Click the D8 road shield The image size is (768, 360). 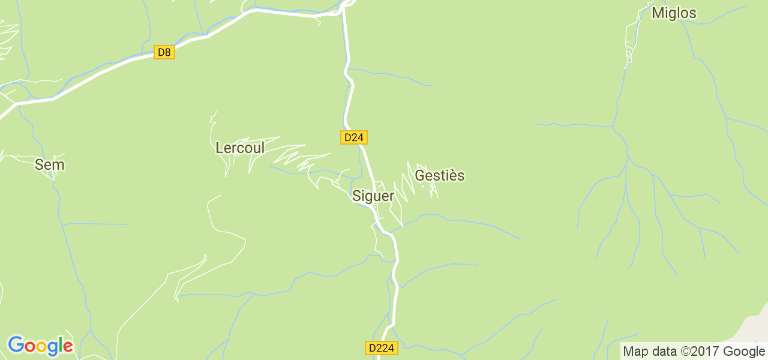point(164,52)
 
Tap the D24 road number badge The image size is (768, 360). point(354,137)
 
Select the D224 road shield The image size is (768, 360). point(381,348)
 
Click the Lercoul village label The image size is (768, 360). point(240,148)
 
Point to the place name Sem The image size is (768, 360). point(49,164)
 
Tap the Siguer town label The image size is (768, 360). point(373,196)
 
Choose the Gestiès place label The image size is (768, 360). point(440,175)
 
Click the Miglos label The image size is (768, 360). point(674,13)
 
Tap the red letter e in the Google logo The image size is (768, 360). point(68,347)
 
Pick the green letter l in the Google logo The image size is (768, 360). point(61,344)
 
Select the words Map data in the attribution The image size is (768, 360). point(650,351)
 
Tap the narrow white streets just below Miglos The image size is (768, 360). point(630,42)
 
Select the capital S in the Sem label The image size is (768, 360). point(39,164)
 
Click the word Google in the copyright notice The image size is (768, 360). point(743,351)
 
